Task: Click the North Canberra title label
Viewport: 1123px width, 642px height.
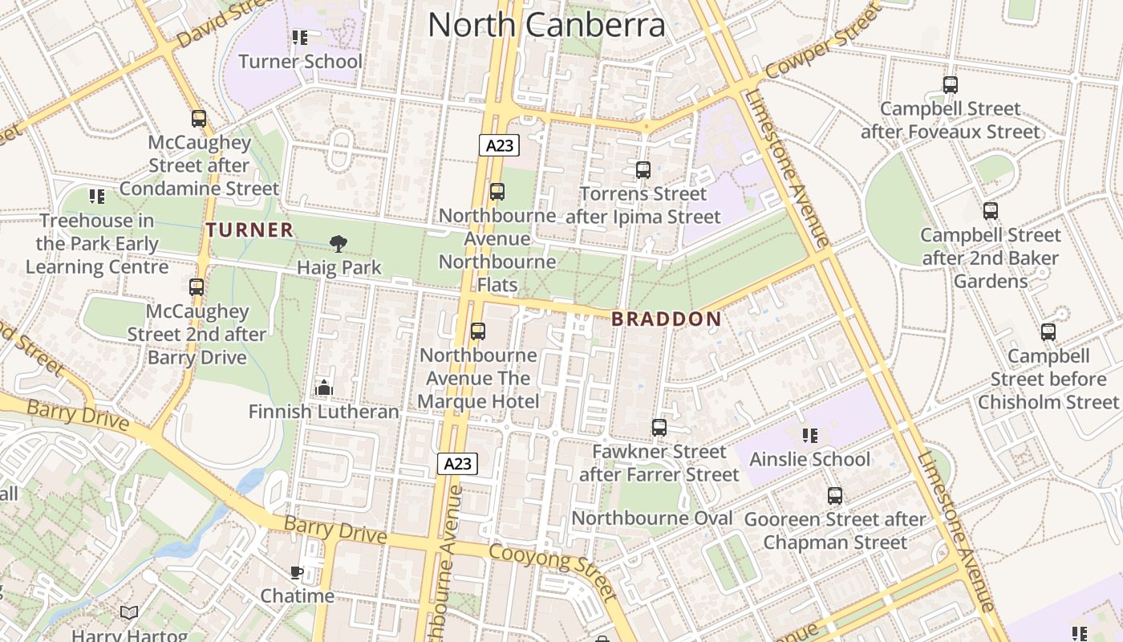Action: click(x=546, y=25)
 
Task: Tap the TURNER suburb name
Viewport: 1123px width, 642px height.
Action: click(x=249, y=230)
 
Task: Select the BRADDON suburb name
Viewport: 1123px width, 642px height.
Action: click(x=666, y=319)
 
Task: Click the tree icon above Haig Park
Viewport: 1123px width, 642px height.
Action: click(x=339, y=243)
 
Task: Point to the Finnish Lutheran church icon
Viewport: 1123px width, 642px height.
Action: click(x=324, y=388)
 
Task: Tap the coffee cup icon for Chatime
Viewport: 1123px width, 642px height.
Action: click(x=297, y=572)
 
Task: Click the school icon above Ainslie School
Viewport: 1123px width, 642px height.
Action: click(x=809, y=435)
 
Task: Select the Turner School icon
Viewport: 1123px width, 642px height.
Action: click(x=300, y=37)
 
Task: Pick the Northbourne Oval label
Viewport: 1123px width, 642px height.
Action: click(x=651, y=518)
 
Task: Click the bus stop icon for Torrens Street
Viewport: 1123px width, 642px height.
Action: click(x=643, y=169)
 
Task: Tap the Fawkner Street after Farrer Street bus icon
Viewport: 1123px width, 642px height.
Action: click(x=659, y=427)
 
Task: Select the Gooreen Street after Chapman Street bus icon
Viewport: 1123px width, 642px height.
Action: click(x=835, y=495)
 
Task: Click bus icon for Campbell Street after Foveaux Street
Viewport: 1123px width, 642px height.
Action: click(x=951, y=84)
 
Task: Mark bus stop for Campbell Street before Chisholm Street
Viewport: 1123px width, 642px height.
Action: click(x=1048, y=331)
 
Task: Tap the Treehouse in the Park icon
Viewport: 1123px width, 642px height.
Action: click(x=97, y=196)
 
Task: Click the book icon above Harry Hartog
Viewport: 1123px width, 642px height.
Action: click(x=129, y=613)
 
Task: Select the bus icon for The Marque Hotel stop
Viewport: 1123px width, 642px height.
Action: click(x=478, y=331)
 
